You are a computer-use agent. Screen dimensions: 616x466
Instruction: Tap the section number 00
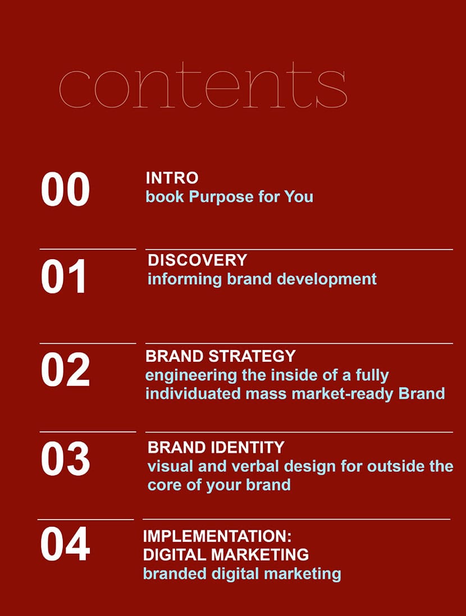(x=65, y=190)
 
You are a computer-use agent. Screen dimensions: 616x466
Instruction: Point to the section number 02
(x=65, y=369)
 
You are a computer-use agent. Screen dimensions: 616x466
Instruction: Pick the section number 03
(x=65, y=459)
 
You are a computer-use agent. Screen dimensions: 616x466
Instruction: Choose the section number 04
(x=65, y=544)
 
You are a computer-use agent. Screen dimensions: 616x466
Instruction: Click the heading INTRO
(x=172, y=178)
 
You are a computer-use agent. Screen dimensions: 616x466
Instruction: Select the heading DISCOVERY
(x=197, y=260)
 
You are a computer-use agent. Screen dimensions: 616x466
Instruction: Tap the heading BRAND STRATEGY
(x=220, y=356)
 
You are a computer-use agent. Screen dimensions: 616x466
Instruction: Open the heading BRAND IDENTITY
(x=216, y=448)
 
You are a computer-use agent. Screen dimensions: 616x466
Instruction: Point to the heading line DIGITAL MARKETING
(x=226, y=554)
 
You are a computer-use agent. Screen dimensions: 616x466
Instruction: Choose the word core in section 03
(x=163, y=485)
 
